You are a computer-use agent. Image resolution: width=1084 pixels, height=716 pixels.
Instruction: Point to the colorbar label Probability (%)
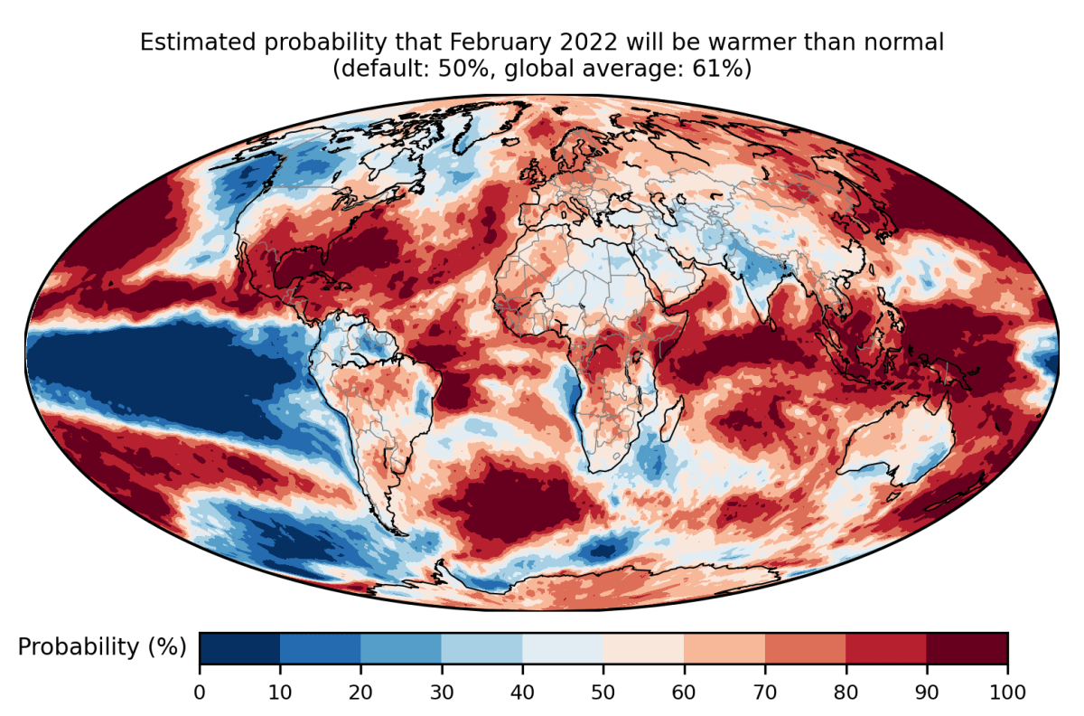pyautogui.click(x=102, y=647)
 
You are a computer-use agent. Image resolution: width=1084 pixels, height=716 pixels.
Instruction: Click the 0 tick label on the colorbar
pyautogui.click(x=200, y=692)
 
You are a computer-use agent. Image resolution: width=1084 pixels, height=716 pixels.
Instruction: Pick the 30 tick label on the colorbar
pyautogui.click(x=442, y=692)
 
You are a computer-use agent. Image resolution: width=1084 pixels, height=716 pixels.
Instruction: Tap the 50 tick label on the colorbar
pyautogui.click(x=603, y=692)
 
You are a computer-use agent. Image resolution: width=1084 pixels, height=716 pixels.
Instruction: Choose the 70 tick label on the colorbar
pyautogui.click(x=765, y=692)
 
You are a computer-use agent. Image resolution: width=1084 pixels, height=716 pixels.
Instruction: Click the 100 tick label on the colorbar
pyautogui.click(x=1007, y=692)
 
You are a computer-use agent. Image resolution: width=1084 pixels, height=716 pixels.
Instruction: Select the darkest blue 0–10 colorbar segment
pyautogui.click(x=239, y=647)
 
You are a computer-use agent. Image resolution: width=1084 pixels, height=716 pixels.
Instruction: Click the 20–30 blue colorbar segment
pyautogui.click(x=401, y=647)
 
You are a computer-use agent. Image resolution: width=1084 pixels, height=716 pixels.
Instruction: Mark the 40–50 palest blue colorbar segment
pyautogui.click(x=563, y=647)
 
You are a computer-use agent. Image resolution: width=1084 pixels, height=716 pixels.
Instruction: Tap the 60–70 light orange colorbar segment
pyautogui.click(x=724, y=647)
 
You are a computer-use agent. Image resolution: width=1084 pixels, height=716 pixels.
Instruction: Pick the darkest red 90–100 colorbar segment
pyautogui.click(x=967, y=647)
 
